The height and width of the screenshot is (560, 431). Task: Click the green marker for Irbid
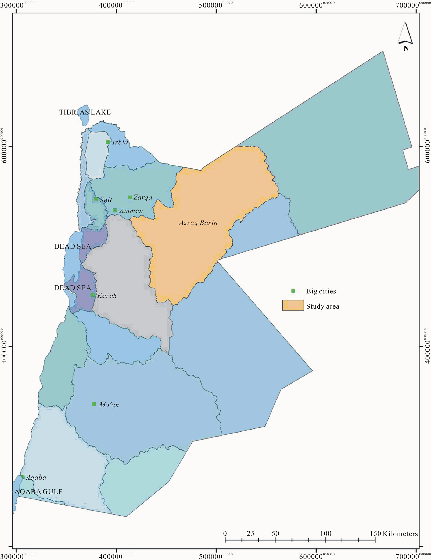[108, 142]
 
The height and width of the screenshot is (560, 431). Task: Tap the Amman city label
[131, 210]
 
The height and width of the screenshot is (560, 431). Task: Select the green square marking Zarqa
[130, 197]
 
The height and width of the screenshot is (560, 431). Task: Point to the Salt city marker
[96, 199]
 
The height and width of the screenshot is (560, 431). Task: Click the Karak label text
[107, 296]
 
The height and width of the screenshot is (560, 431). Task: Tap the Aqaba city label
[36, 477]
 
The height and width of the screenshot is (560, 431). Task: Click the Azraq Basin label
[198, 223]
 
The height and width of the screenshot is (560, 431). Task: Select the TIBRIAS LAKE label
[85, 112]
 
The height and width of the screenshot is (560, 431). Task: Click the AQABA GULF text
[38, 492]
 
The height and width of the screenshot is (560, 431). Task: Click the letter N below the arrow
[406, 48]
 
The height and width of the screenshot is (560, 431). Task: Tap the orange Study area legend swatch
[293, 306]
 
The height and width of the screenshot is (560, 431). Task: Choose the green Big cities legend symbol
[293, 291]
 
